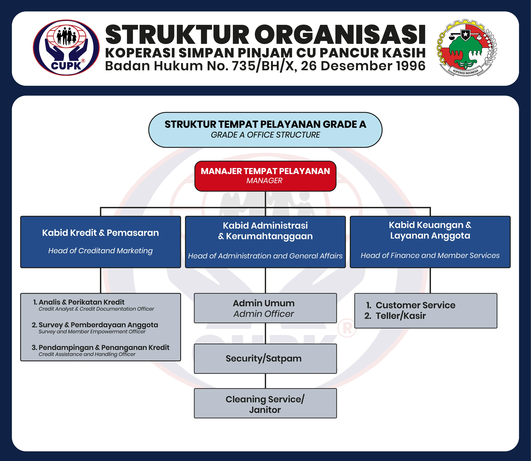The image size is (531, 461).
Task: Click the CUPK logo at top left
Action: point(66,48)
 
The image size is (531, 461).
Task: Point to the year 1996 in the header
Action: point(411,66)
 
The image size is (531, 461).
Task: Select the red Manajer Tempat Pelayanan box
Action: point(265,176)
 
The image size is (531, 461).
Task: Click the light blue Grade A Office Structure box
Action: point(265,130)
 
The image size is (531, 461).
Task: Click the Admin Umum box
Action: point(265,308)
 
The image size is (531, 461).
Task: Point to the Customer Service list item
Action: point(411,305)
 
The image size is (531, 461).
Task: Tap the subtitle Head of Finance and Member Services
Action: point(430,256)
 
